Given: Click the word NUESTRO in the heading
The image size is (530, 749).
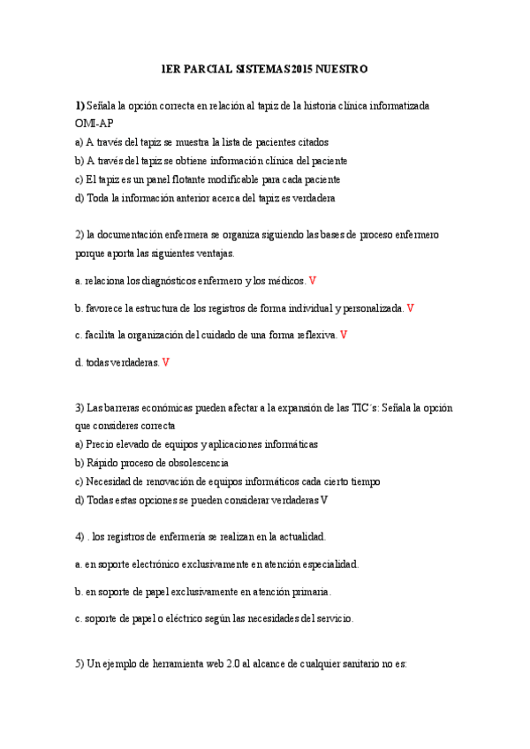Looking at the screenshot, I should tap(342, 68).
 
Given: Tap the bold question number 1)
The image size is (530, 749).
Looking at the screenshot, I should tap(80, 105).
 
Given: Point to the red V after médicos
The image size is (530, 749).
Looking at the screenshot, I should tap(313, 281).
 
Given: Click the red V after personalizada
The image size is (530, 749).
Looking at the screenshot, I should tap(411, 308).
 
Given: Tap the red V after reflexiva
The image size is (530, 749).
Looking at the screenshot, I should tap(344, 335).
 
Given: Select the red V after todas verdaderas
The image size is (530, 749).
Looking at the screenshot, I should tap(167, 362).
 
